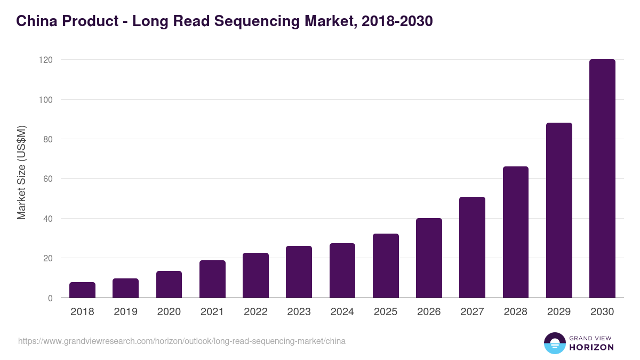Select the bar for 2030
pyautogui.click(x=602, y=179)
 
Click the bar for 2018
pyautogui.click(x=82, y=290)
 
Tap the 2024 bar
pyautogui.click(x=342, y=270)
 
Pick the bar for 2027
pyautogui.click(x=472, y=247)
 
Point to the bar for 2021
pyautogui.click(x=212, y=279)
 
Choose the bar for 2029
pyautogui.click(x=559, y=210)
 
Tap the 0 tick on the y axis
pyautogui.click(x=50, y=298)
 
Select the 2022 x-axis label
pyautogui.click(x=255, y=312)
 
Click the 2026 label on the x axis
pyautogui.click(x=429, y=312)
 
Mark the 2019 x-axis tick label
pyautogui.click(x=125, y=312)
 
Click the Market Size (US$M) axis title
pyautogui.click(x=21, y=172)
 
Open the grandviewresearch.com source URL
pyautogui.click(x=181, y=341)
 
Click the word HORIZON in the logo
pyautogui.click(x=591, y=347)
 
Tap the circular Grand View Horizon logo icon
pyautogui.click(x=554, y=343)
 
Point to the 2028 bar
pyautogui.click(x=516, y=232)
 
